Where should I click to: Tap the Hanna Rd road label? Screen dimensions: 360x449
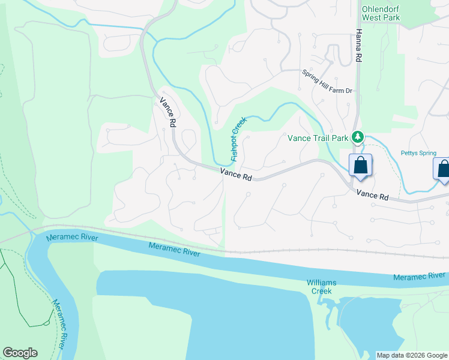click(359, 46)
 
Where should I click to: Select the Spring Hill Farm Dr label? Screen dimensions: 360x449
click(327, 82)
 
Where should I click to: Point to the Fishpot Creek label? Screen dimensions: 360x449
click(239, 139)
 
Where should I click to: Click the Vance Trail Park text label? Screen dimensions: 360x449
click(318, 138)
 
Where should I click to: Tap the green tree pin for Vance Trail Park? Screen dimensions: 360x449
click(358, 137)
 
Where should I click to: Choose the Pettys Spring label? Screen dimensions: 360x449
click(419, 153)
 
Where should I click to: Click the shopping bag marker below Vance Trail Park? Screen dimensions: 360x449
click(360, 165)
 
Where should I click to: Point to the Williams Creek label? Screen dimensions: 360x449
click(321, 287)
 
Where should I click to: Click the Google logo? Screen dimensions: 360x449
click(20, 353)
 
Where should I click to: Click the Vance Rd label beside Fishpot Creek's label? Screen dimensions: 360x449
click(236, 175)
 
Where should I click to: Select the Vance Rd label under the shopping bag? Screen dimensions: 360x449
click(372, 195)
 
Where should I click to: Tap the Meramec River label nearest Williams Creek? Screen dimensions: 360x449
click(419, 277)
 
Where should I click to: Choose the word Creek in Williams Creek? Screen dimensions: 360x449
click(321, 291)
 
